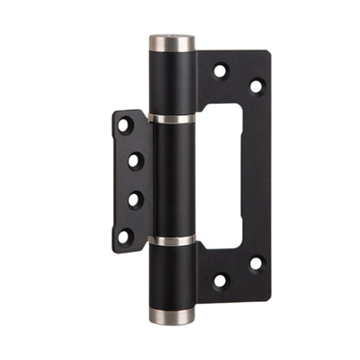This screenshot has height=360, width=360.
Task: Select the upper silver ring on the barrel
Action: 173,117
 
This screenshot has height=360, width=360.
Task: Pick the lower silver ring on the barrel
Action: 173,240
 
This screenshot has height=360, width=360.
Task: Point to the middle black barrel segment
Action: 173,178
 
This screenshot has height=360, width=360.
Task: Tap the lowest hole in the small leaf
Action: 125,234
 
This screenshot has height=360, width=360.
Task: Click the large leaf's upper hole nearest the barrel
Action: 221,71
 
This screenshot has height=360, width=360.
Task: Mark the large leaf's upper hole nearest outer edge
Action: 256,86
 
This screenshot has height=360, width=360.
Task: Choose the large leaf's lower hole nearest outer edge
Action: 256,263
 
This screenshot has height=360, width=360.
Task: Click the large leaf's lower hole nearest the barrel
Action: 221,280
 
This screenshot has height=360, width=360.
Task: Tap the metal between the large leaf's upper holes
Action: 239,78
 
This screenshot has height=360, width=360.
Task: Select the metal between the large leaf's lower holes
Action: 239,272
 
